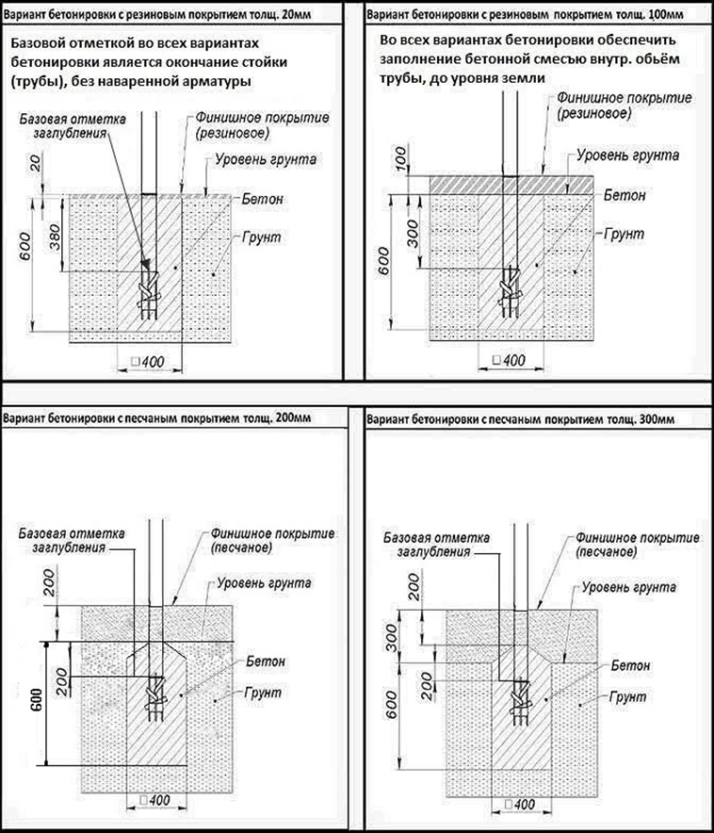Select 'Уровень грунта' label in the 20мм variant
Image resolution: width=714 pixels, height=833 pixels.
coord(266,159)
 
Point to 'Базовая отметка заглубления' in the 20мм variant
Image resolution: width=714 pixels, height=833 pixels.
coord(71,129)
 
